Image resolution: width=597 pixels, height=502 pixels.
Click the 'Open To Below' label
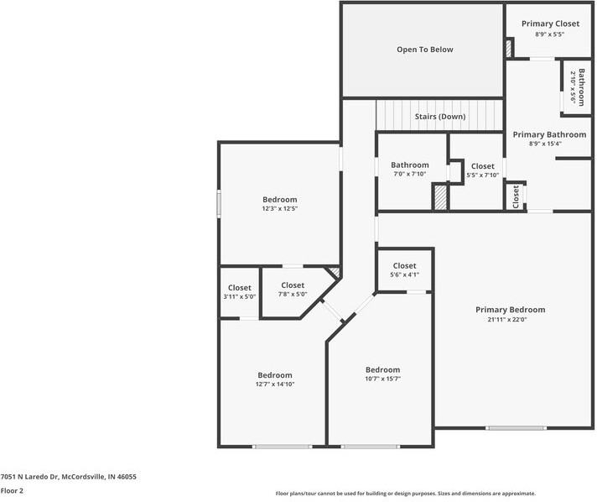(424, 50)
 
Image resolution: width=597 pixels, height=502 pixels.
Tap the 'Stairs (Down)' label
(440, 117)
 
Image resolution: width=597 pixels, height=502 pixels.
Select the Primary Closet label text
(550, 24)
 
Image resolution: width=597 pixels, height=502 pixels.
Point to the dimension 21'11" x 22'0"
(506, 320)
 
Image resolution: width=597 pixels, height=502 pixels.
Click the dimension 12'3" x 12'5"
(279, 209)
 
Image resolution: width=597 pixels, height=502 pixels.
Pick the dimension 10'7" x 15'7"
(382, 379)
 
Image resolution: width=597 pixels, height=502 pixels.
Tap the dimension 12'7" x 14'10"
(275, 384)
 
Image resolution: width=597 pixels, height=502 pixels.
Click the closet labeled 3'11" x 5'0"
(240, 292)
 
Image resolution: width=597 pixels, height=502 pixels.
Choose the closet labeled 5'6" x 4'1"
(404, 269)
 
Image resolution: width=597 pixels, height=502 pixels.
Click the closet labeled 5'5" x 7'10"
(482, 170)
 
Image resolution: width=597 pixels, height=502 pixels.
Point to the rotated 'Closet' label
(516, 196)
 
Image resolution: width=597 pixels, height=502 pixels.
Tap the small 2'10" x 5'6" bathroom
(577, 87)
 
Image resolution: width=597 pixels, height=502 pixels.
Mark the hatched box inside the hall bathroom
(440, 197)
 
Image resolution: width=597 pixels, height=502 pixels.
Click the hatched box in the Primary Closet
(508, 49)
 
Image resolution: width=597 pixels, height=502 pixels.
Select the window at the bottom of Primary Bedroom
(516, 428)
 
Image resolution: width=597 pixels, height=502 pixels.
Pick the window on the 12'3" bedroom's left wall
(219, 204)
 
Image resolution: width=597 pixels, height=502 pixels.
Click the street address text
(69, 477)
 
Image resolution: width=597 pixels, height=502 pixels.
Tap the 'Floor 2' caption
(12, 490)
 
